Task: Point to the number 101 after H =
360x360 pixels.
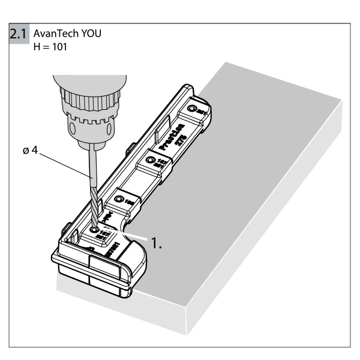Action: (59, 45)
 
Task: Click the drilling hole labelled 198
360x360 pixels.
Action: (119, 197)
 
